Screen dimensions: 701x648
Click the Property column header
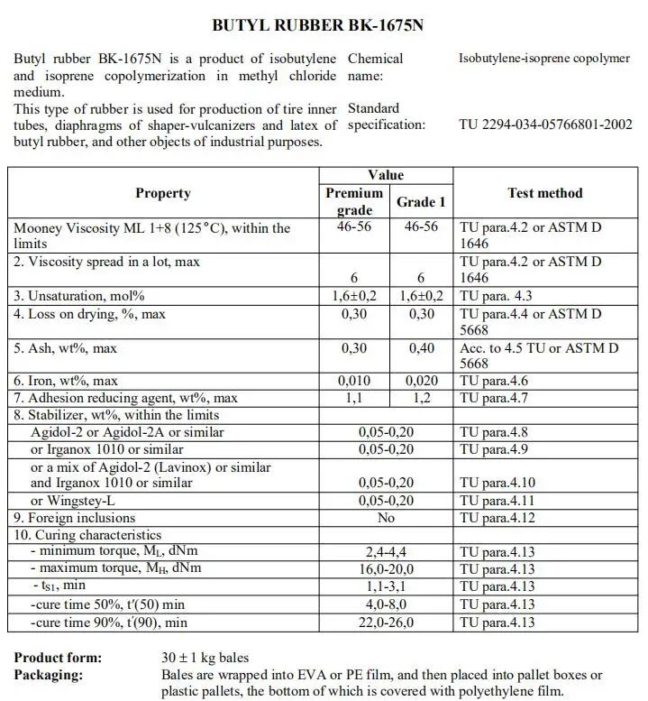(x=163, y=193)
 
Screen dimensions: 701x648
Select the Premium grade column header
(x=354, y=201)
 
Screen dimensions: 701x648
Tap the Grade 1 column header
(x=421, y=201)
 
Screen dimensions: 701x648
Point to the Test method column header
(x=545, y=193)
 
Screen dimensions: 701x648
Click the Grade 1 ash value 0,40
(x=421, y=347)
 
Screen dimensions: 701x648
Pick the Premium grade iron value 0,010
(x=354, y=381)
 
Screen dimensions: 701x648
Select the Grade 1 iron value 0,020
(x=421, y=381)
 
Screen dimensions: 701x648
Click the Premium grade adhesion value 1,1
(x=354, y=398)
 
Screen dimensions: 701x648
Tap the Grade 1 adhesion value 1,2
(x=421, y=398)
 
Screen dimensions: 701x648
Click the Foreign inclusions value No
(x=387, y=518)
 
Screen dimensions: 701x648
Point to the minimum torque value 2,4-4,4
(x=387, y=552)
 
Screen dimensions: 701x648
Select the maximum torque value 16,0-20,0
(x=387, y=569)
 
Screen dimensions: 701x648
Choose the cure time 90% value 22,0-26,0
(x=387, y=622)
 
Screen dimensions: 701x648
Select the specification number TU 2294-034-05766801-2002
(x=545, y=125)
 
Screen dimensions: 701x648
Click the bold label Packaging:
(x=49, y=675)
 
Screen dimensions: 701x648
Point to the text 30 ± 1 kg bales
(x=205, y=658)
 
